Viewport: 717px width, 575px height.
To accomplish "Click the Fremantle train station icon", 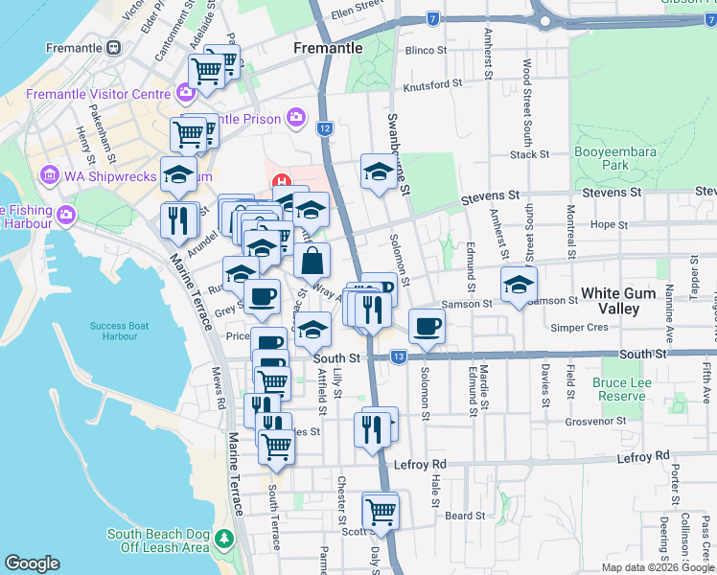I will [x=114, y=47].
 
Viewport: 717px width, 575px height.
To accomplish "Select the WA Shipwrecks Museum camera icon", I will [x=49, y=176].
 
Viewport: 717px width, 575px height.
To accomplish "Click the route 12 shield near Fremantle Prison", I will [x=326, y=128].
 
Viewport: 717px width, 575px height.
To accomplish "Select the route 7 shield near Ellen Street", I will [x=434, y=18].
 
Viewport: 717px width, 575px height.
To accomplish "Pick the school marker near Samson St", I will [x=519, y=285].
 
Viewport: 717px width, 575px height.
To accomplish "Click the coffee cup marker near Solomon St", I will [x=427, y=326].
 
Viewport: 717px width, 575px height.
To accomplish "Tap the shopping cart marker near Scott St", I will [x=381, y=511].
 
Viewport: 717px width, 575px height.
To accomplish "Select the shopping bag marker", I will [x=312, y=260].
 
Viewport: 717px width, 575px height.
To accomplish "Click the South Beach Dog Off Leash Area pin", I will [x=225, y=536].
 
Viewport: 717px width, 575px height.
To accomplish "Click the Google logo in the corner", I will [x=32, y=563].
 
